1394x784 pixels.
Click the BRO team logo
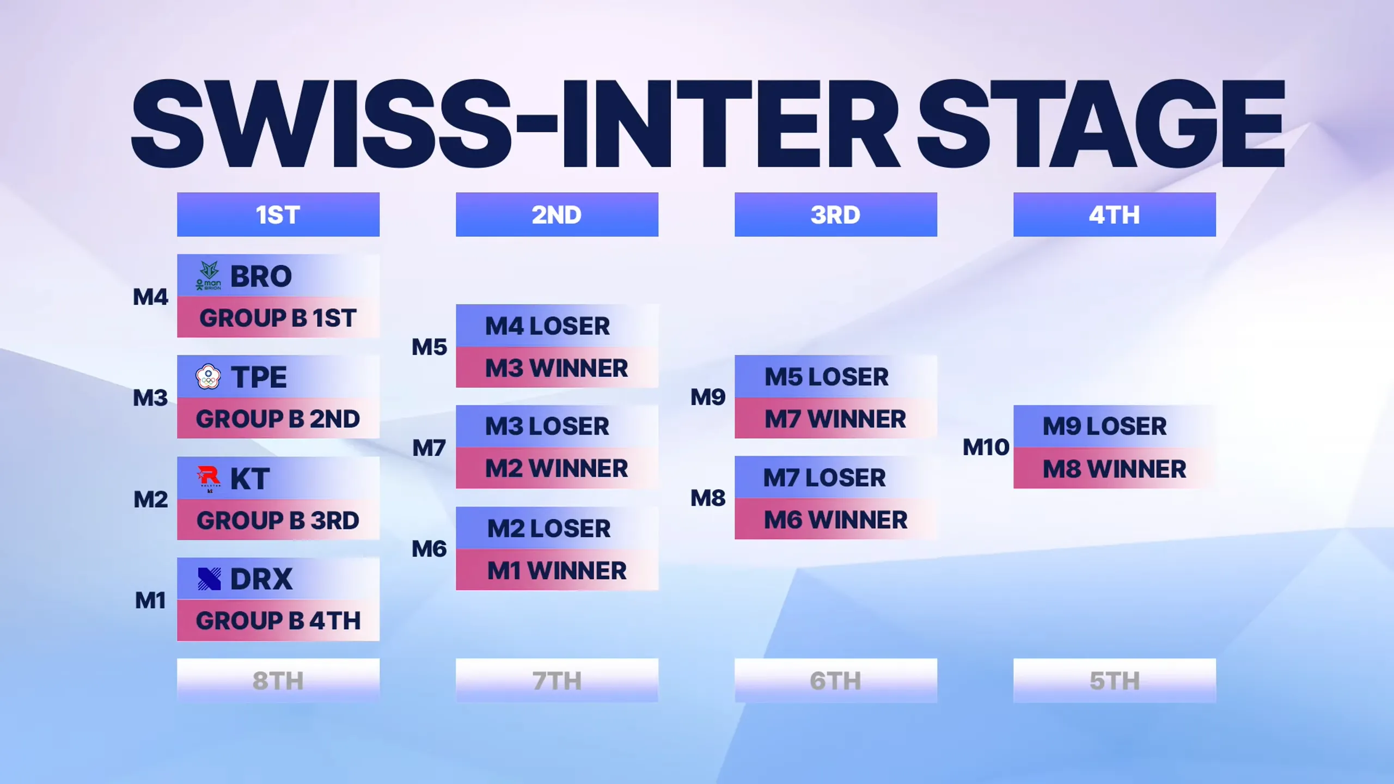pyautogui.click(x=209, y=275)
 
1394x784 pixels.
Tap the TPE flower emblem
pyautogui.click(x=208, y=377)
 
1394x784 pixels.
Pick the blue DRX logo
pyautogui.click(x=209, y=579)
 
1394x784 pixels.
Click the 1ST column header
pyautogui.click(x=278, y=215)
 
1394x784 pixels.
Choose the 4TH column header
pyautogui.click(x=1115, y=215)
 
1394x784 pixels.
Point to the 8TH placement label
pyautogui.click(x=278, y=681)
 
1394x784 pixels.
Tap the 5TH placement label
pyautogui.click(x=1115, y=681)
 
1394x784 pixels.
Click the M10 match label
pyautogui.click(x=986, y=448)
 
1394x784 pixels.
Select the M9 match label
pyautogui.click(x=708, y=397)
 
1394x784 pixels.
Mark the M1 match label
pyautogui.click(x=150, y=601)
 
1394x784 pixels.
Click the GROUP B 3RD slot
pyautogui.click(x=278, y=520)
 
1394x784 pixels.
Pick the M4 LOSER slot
pyautogui.click(x=557, y=326)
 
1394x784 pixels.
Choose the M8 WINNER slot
pyautogui.click(x=1115, y=468)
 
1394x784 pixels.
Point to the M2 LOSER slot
pyautogui.click(x=557, y=528)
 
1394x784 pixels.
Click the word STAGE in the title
pyautogui.click(x=1101, y=124)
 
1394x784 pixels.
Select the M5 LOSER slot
pyautogui.click(x=836, y=377)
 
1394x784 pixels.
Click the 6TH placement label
pyautogui.click(x=836, y=681)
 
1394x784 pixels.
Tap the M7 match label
pyautogui.click(x=429, y=448)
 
